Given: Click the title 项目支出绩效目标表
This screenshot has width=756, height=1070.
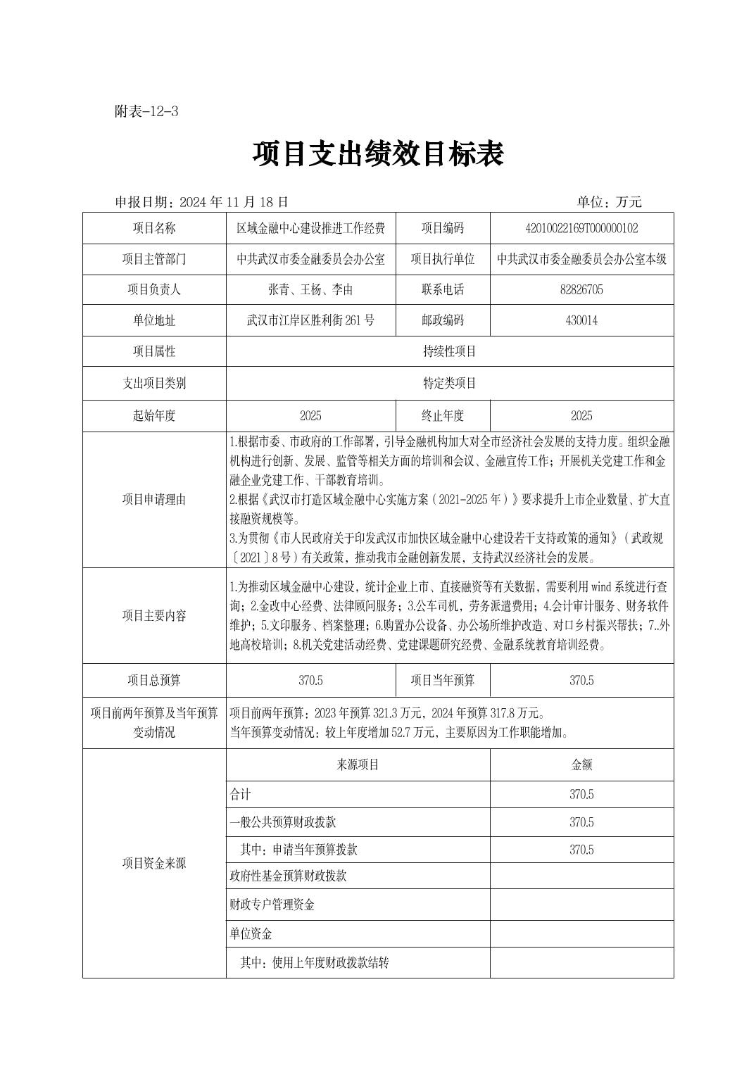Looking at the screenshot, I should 378,154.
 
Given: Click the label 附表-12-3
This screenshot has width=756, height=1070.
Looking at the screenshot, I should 146,111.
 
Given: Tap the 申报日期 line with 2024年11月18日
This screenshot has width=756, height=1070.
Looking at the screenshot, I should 202,202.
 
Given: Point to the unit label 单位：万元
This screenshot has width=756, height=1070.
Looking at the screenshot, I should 609,202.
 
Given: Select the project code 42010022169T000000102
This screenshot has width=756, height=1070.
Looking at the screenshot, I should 581,228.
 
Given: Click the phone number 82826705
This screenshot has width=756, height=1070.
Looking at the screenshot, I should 581,289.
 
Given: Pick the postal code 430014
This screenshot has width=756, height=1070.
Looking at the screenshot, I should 581,320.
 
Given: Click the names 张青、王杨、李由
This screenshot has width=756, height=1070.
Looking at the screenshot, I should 310,289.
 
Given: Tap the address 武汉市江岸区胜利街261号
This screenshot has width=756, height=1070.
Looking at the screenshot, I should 310,320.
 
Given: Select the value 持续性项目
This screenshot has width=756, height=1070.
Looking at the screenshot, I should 449,351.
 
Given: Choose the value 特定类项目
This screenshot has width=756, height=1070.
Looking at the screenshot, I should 449,383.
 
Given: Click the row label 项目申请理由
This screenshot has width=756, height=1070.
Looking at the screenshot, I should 154,499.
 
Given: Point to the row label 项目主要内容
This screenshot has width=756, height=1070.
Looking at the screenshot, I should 154,615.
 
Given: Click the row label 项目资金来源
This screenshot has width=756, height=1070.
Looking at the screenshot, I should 154,863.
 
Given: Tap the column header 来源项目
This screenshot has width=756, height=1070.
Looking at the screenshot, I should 358,764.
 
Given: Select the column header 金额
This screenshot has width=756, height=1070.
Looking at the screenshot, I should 581,764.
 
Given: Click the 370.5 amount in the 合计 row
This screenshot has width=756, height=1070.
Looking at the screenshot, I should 581,794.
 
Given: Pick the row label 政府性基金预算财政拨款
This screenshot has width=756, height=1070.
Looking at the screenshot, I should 288,876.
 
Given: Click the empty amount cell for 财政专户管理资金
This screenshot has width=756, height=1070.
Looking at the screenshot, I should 581,905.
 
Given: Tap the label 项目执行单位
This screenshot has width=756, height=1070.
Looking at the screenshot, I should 443,259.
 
